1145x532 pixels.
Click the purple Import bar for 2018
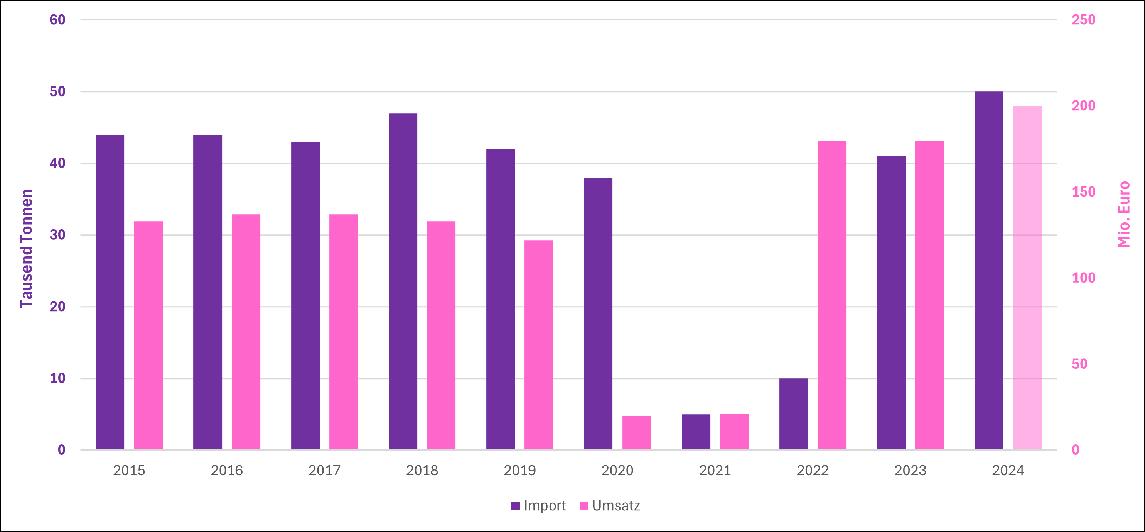pyautogui.click(x=403, y=281)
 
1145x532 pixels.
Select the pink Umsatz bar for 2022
pyautogui.click(x=831, y=295)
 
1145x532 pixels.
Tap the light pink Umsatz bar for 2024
pyautogui.click(x=1027, y=278)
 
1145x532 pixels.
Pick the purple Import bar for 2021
pyautogui.click(x=696, y=432)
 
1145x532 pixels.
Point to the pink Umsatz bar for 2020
pyautogui.click(x=636, y=432)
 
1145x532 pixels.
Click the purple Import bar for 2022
pyautogui.click(x=793, y=414)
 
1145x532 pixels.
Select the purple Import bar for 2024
pyautogui.click(x=988, y=271)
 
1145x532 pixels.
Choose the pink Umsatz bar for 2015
pyautogui.click(x=148, y=335)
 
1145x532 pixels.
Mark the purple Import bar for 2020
pyautogui.click(x=598, y=313)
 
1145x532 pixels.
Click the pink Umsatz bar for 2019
pyautogui.click(x=538, y=345)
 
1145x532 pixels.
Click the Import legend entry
pyautogui.click(x=539, y=506)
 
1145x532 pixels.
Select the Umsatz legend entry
pyautogui.click(x=610, y=506)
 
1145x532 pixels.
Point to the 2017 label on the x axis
pyautogui.click(x=324, y=470)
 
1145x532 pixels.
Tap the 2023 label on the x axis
pyautogui.click(x=910, y=470)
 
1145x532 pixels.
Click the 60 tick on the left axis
pyautogui.click(x=57, y=20)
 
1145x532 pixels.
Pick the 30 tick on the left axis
pyautogui.click(x=57, y=235)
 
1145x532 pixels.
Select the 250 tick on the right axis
pyautogui.click(x=1083, y=20)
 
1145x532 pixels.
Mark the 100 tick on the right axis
pyautogui.click(x=1083, y=278)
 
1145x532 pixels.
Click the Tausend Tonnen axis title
pyautogui.click(x=27, y=248)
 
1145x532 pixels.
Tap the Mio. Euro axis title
pyautogui.click(x=1123, y=214)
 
